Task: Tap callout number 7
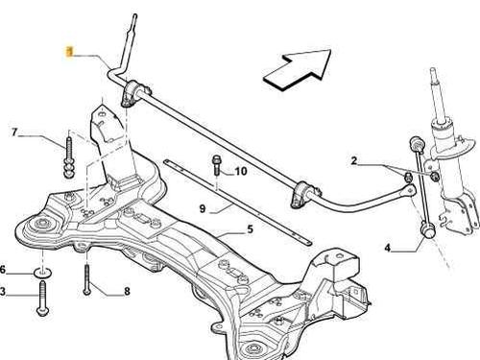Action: click(x=13, y=132)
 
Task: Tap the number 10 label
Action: click(x=241, y=172)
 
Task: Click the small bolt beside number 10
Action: click(x=216, y=168)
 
